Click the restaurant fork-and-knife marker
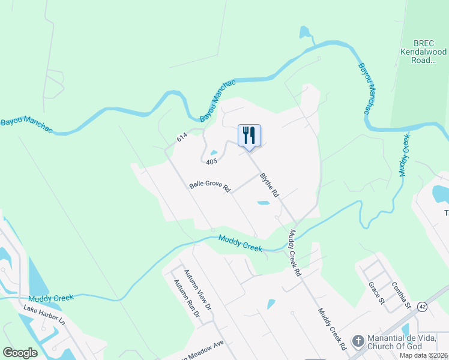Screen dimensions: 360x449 (x=250, y=135)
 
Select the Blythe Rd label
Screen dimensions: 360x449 (x=270, y=185)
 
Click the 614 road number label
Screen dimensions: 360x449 (x=182, y=138)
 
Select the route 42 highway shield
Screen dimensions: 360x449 (x=424, y=306)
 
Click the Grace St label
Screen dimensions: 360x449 (x=376, y=292)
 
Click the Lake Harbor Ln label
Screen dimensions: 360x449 (x=44, y=315)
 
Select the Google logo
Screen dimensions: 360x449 (x=20, y=352)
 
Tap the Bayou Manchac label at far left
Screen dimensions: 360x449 (x=26, y=122)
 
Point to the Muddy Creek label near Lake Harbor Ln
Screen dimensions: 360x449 (x=50, y=298)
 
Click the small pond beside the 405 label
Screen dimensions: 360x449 (x=213, y=152)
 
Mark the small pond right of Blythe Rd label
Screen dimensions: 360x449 (x=263, y=203)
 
